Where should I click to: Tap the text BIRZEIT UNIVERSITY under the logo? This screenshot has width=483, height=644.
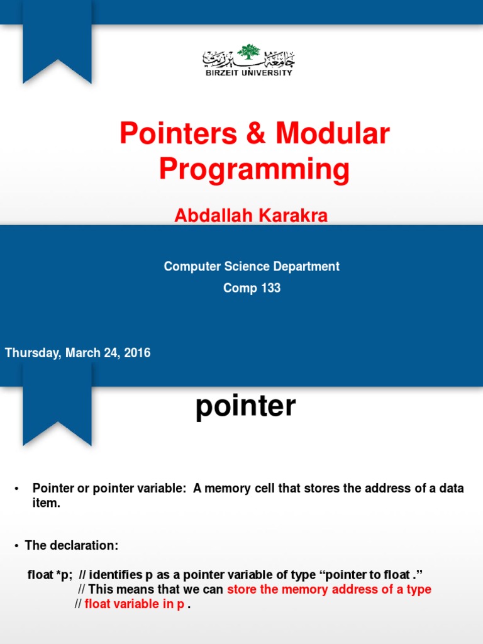pyautogui.click(x=249, y=73)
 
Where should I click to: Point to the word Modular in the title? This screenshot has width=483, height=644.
pyautogui.click(x=333, y=134)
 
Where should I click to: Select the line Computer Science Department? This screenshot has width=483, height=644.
pyautogui.click(x=252, y=266)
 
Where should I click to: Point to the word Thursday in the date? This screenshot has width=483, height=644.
pyautogui.click(x=31, y=353)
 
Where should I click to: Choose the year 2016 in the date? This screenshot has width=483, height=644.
pyautogui.click(x=136, y=353)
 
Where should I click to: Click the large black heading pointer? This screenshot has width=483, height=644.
pyautogui.click(x=245, y=406)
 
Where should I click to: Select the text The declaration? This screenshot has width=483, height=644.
pyautogui.click(x=71, y=545)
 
